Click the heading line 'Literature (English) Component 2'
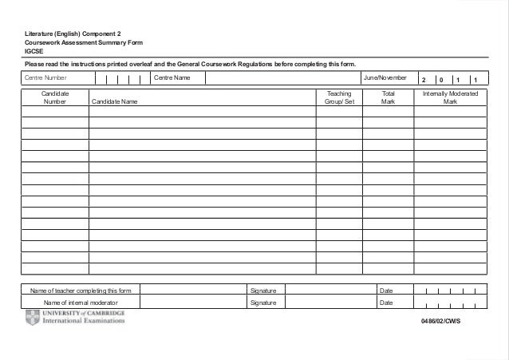click(x=73, y=34)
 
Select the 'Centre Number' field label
click(x=45, y=78)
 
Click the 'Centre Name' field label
click(x=172, y=78)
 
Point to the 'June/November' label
click(x=385, y=78)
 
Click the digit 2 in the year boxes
click(x=424, y=80)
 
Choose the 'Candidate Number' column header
click(x=55, y=98)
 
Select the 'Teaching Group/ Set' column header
click(x=339, y=98)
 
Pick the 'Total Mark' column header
click(x=389, y=98)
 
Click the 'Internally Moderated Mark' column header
click(x=450, y=98)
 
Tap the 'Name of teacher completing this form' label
click(x=81, y=291)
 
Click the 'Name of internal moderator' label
click(x=81, y=303)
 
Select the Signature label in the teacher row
click(x=263, y=291)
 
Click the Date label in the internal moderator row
click(x=386, y=303)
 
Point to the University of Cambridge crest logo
click(x=32, y=318)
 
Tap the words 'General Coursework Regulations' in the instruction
click(x=231, y=65)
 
